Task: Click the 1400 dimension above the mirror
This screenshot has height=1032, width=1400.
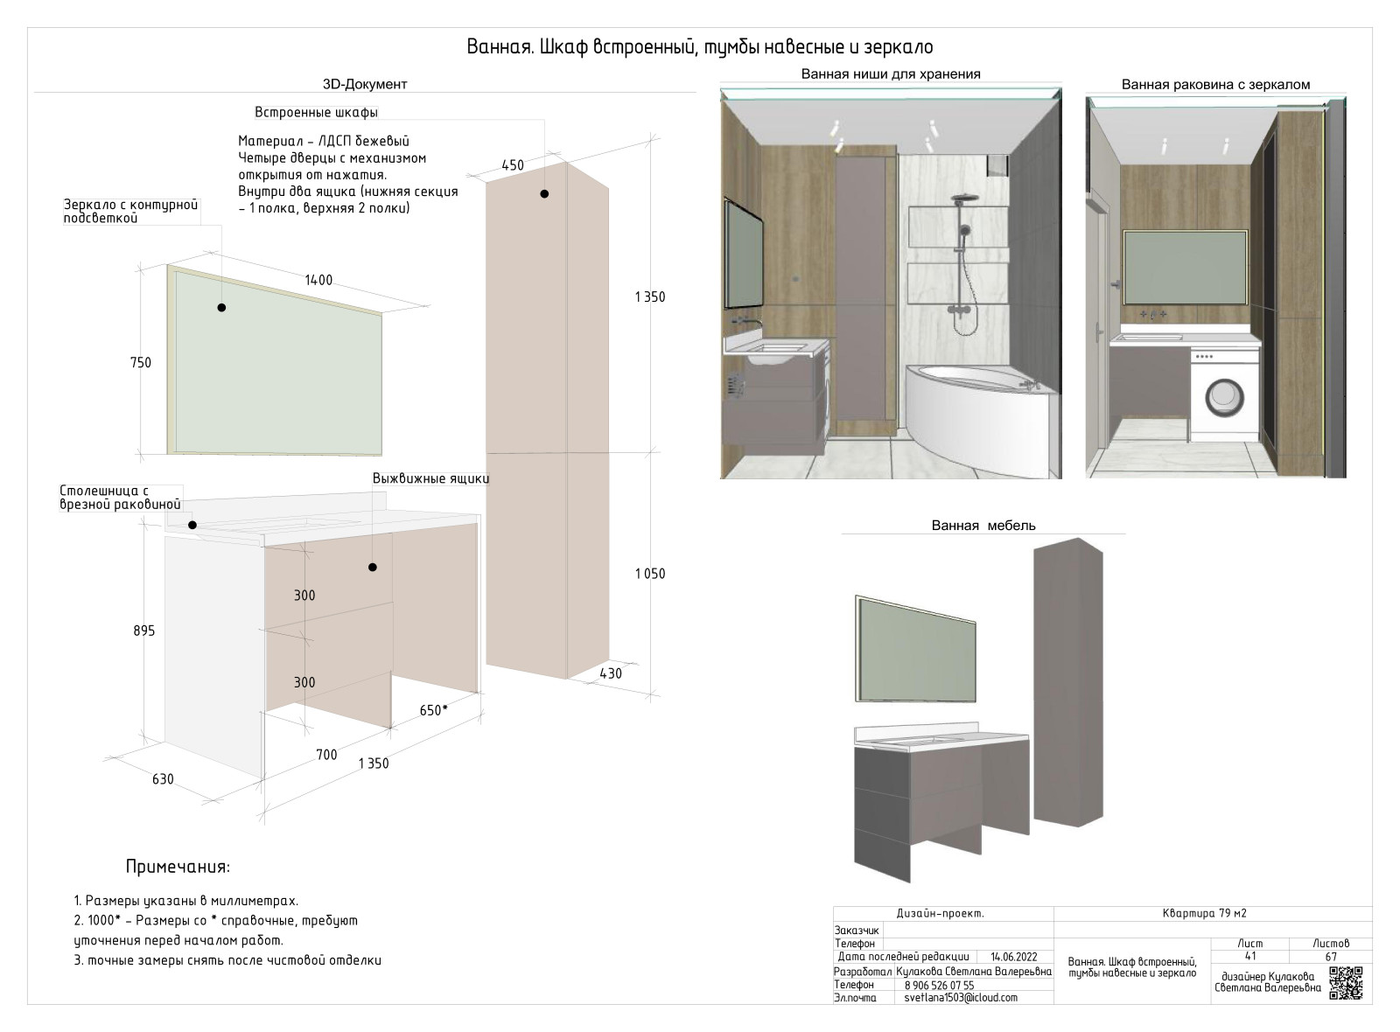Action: click(x=318, y=281)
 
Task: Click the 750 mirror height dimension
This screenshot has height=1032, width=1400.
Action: click(x=140, y=363)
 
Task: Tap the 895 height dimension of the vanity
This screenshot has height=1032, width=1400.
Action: click(x=144, y=631)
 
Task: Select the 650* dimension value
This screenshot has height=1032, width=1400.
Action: click(x=433, y=710)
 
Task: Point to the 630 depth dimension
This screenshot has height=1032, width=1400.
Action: click(x=163, y=779)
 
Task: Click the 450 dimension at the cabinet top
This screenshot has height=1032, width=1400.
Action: click(x=512, y=165)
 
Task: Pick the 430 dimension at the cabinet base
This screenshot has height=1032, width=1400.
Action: click(x=610, y=673)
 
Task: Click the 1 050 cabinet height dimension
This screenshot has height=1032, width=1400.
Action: click(x=649, y=574)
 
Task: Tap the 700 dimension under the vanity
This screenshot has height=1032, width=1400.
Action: click(x=326, y=755)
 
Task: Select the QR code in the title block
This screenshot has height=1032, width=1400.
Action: click(x=1346, y=983)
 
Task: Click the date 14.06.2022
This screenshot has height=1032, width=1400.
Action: click(x=1013, y=957)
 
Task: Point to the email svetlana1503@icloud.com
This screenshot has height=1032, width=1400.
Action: click(x=961, y=998)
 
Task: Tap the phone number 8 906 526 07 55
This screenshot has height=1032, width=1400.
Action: click(x=939, y=985)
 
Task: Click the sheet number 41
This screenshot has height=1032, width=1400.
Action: click(x=1249, y=957)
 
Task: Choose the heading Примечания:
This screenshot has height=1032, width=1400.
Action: click(x=178, y=867)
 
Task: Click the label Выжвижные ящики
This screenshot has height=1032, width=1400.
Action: click(x=430, y=478)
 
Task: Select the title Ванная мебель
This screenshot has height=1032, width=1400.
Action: click(x=983, y=526)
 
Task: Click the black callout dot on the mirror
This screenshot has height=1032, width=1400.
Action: click(x=221, y=308)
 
